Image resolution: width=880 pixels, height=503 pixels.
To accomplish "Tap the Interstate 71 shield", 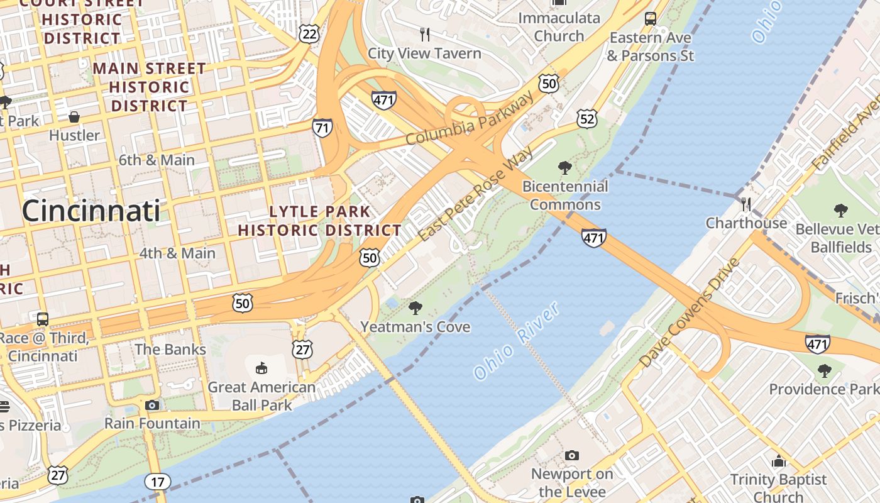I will tap(322, 128).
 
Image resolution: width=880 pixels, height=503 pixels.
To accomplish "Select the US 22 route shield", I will tap(309, 33).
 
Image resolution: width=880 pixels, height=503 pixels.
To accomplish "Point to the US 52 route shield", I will tap(586, 118).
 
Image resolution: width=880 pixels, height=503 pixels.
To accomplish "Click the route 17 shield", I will tap(157, 482).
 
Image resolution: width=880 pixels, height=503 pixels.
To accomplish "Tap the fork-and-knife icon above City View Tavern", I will tap(425, 34).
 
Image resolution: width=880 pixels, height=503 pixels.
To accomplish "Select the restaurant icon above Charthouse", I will tap(746, 204).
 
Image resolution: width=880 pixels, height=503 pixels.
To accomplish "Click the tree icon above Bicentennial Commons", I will tap(564, 168).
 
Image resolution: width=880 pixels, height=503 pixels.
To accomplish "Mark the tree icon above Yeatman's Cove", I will tap(415, 308).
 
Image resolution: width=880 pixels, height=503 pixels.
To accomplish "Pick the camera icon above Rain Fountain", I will tap(152, 405).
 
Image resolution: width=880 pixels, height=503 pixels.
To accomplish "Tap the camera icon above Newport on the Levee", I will tap(571, 455).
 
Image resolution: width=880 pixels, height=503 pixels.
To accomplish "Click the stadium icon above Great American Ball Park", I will tap(261, 368).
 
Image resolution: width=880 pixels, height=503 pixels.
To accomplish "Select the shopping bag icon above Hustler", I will tap(74, 117).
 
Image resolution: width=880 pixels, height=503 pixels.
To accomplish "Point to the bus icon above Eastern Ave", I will tap(651, 19).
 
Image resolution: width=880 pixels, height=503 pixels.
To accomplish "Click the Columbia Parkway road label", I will tap(470, 118).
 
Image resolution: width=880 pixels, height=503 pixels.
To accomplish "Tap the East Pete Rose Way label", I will tap(475, 194).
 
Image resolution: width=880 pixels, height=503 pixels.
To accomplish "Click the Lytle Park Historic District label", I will tap(319, 221).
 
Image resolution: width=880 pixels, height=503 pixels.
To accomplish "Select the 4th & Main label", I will tap(177, 253).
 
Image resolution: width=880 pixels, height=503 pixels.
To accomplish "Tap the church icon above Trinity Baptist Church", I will tap(779, 461).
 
